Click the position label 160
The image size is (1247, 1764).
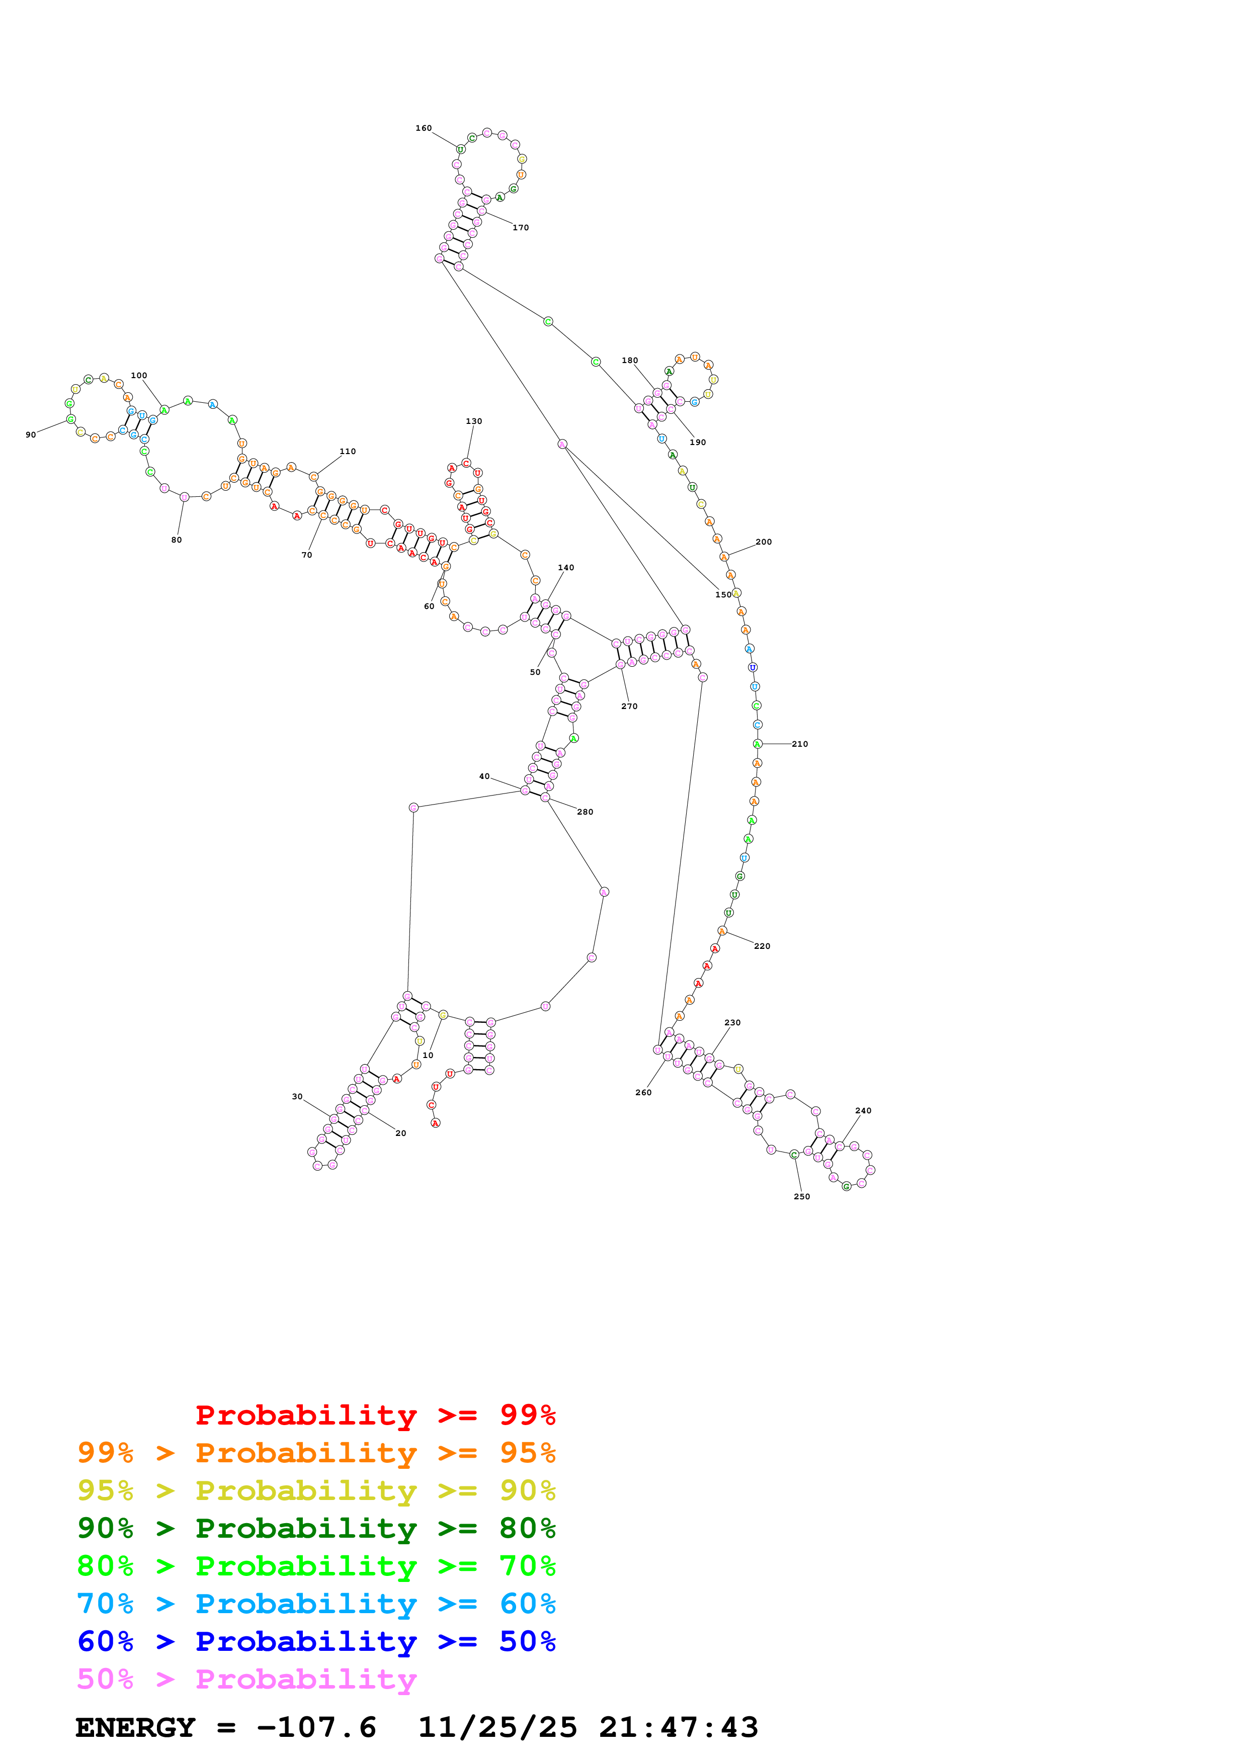[424, 128]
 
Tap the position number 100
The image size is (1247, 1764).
[138, 376]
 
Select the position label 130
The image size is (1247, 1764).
[474, 421]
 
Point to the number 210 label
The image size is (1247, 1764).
[800, 744]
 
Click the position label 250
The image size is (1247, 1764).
[801, 1196]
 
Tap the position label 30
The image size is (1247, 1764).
[297, 1096]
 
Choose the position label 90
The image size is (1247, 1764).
[31, 435]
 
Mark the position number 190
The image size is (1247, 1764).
[698, 442]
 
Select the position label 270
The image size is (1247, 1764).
[629, 706]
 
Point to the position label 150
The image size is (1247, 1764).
[723, 595]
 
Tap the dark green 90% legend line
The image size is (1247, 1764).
[316, 1528]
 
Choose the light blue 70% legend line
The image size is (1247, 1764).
[316, 1604]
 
